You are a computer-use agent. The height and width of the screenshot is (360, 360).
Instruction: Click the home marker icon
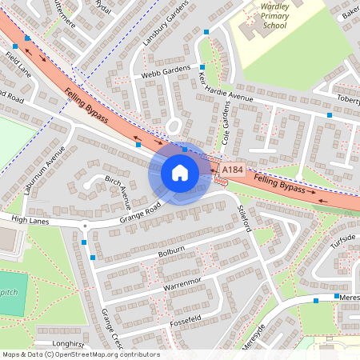tap(180, 173)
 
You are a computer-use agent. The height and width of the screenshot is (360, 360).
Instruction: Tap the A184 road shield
tap(232, 170)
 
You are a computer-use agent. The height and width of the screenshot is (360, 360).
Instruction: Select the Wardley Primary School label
tap(275, 15)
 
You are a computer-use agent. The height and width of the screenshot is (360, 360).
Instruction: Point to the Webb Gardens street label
tap(167, 71)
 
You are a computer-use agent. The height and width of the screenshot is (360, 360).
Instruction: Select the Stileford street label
tap(246, 217)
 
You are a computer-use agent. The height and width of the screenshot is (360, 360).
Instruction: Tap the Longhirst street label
tap(67, 344)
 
